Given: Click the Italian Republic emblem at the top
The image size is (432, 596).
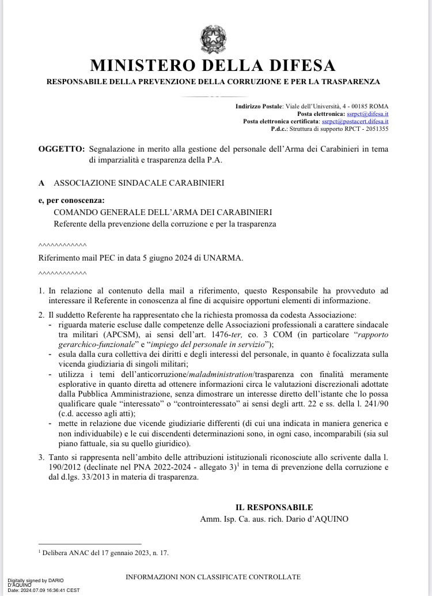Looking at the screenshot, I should (x=213, y=39).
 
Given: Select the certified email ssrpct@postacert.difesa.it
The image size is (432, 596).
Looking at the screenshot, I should (x=355, y=122).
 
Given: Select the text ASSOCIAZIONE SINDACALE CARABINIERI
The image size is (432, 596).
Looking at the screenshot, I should (x=139, y=183).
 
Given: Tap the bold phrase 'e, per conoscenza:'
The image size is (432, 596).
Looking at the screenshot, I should (x=72, y=201).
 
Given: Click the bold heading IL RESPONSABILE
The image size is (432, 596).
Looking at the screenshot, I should (x=274, y=507).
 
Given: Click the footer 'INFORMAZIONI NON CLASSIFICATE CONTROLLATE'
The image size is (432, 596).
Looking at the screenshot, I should (x=213, y=576).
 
